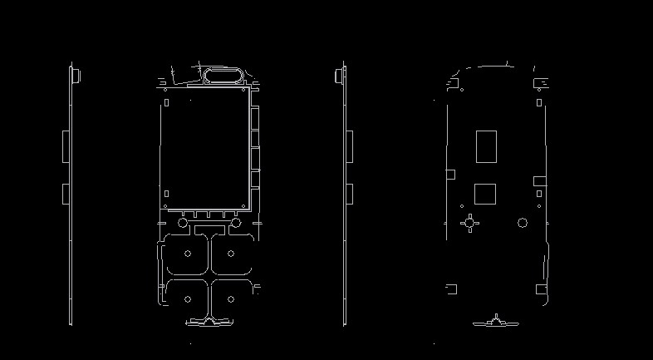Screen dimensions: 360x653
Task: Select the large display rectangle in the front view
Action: click(x=205, y=148)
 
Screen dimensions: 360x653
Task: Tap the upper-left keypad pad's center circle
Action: click(x=188, y=254)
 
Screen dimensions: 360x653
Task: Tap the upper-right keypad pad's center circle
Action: click(x=232, y=254)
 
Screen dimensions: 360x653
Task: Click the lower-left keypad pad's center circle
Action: click(x=188, y=298)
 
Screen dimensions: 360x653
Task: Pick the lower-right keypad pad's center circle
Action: click(x=232, y=298)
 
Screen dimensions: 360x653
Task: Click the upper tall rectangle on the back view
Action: click(x=485, y=146)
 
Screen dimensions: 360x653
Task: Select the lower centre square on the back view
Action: click(x=484, y=194)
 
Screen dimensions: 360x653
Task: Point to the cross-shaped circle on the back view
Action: click(x=471, y=222)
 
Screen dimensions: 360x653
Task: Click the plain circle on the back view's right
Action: click(x=523, y=222)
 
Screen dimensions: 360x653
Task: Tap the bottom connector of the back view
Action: click(x=496, y=321)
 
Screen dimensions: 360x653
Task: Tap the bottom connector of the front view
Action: click(x=209, y=320)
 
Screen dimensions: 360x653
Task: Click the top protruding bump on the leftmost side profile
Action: click(x=76, y=76)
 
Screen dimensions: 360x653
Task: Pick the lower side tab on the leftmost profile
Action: click(x=65, y=194)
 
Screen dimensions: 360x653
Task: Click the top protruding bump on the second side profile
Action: click(x=338, y=76)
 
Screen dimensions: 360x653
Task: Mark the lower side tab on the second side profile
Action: click(x=349, y=194)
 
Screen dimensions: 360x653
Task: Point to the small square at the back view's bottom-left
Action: click(x=451, y=289)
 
